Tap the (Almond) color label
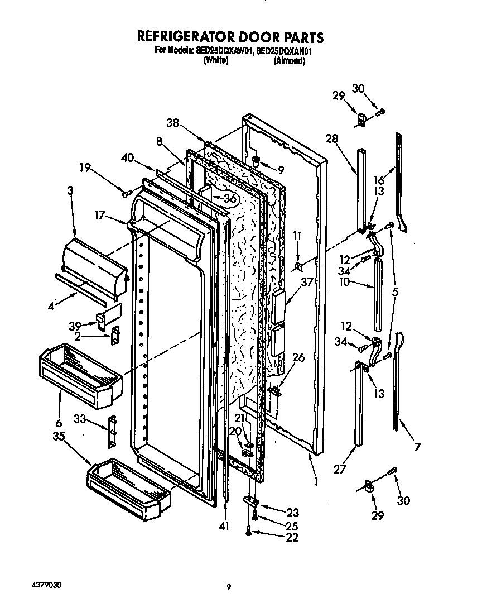(x=289, y=61)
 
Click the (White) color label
(x=215, y=61)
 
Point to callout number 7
(x=417, y=447)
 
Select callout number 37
(x=307, y=283)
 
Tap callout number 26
(x=298, y=358)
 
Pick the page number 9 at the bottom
(x=229, y=586)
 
